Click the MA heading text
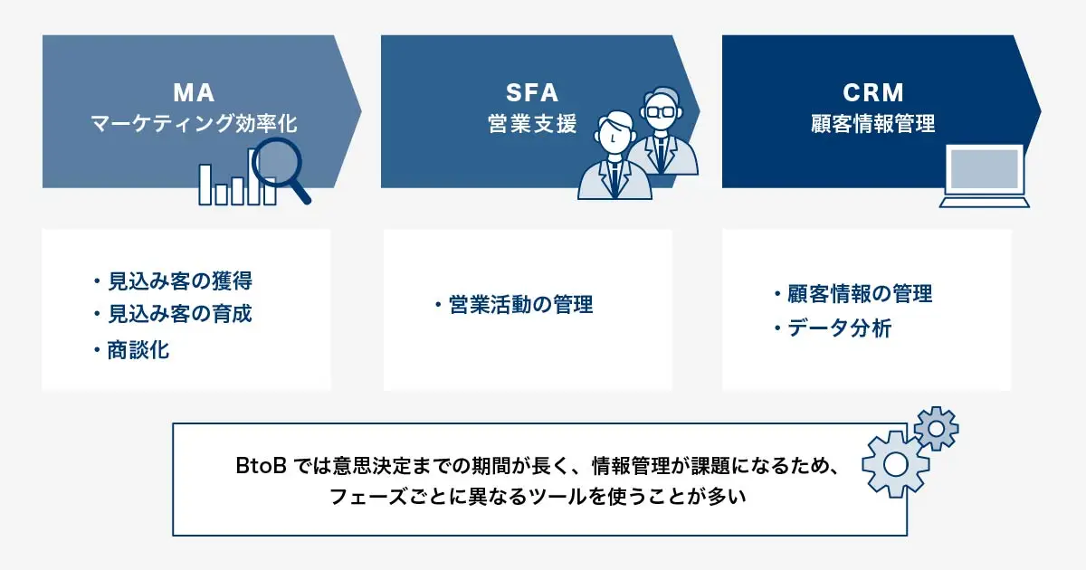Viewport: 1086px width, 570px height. pos(194,92)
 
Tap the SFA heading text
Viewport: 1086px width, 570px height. pos(532,92)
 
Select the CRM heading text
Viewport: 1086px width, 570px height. pos(873,92)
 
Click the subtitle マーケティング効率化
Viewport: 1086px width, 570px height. pos(194,123)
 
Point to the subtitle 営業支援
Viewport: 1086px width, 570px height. pos(532,123)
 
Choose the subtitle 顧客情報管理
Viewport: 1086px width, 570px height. pos(873,123)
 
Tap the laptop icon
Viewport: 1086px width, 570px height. pos(985,176)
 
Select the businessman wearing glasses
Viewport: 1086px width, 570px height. pos(662,131)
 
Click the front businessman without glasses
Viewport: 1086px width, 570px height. pos(614,155)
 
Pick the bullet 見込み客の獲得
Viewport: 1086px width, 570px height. pos(173,281)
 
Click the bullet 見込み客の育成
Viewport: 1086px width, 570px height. pos(173,314)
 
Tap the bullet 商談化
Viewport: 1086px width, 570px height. pos(131,350)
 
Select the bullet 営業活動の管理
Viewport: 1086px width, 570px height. pos(514,304)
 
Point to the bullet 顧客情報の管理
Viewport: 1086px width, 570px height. pos(853,293)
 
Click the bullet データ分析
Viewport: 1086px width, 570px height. pos(833,328)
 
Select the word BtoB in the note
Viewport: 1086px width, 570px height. pos(261,466)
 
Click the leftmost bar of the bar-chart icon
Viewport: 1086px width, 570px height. pos(205,185)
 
